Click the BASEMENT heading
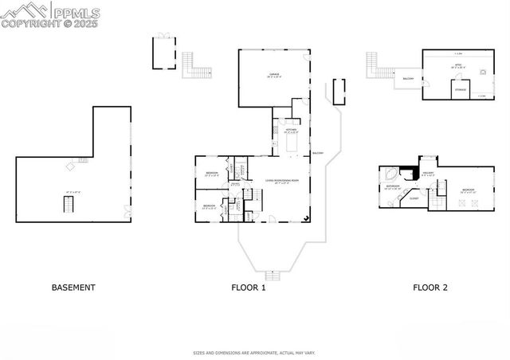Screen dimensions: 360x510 [73, 288]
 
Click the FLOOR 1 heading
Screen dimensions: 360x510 [249, 288]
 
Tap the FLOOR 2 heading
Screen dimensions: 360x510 [430, 288]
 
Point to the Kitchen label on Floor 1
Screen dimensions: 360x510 [291, 131]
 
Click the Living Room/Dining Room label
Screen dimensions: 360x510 [282, 182]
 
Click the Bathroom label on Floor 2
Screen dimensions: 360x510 [393, 186]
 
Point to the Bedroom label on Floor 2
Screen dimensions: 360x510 [468, 190]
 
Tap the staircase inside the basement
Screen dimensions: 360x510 [68, 205]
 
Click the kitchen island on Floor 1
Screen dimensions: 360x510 [292, 144]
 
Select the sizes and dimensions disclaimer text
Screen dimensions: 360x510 [254, 352]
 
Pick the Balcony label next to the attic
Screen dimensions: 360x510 [409, 79]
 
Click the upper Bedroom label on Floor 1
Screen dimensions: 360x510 [212, 174]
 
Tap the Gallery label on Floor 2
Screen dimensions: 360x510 [428, 174]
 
